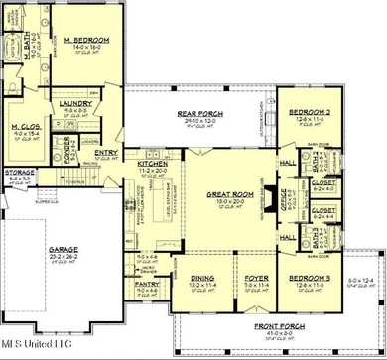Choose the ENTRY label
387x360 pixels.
coord(107,152)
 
